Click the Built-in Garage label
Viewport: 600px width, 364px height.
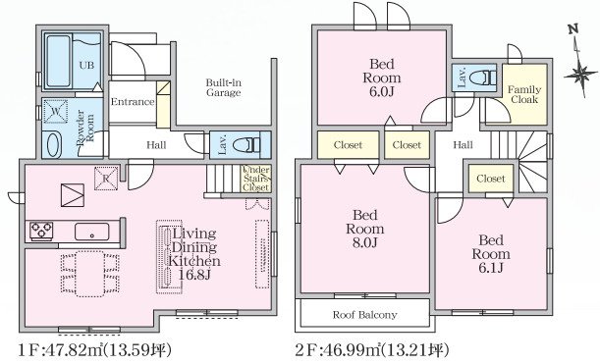(224, 87)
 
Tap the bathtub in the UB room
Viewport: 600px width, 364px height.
(59, 61)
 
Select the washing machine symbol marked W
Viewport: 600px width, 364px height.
(56, 111)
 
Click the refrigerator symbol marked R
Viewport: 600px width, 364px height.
(106, 179)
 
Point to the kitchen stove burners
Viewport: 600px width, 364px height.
(41, 231)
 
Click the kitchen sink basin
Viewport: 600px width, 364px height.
(92, 232)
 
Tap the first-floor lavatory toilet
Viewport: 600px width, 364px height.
(246, 145)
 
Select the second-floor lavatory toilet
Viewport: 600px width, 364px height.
(483, 78)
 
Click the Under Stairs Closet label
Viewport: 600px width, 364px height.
(256, 179)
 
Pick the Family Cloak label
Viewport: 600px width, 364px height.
(524, 94)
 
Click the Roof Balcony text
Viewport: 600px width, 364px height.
(364, 315)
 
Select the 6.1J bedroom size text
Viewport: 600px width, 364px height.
(491, 268)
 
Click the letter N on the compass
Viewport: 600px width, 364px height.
(573, 29)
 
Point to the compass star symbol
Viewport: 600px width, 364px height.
(581, 74)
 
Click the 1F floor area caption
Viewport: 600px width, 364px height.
(94, 349)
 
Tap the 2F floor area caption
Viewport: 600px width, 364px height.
(371, 349)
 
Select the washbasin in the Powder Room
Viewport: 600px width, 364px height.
(54, 145)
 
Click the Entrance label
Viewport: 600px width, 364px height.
(133, 102)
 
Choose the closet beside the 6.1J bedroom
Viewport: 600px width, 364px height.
(491, 179)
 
